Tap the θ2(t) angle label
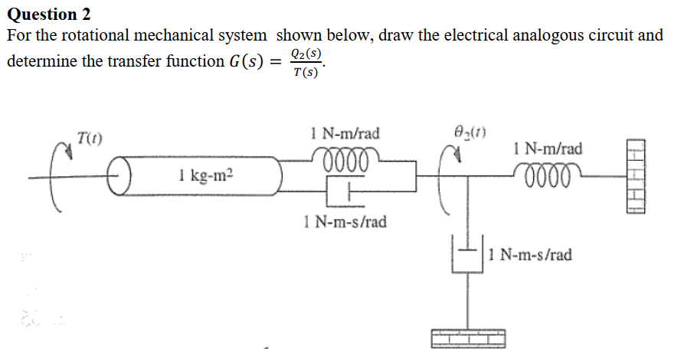coord(470,131)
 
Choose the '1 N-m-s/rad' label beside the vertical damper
coord(529,254)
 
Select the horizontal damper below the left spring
coord(342,191)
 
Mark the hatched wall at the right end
coord(637,177)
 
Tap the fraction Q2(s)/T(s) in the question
coord(306,63)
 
